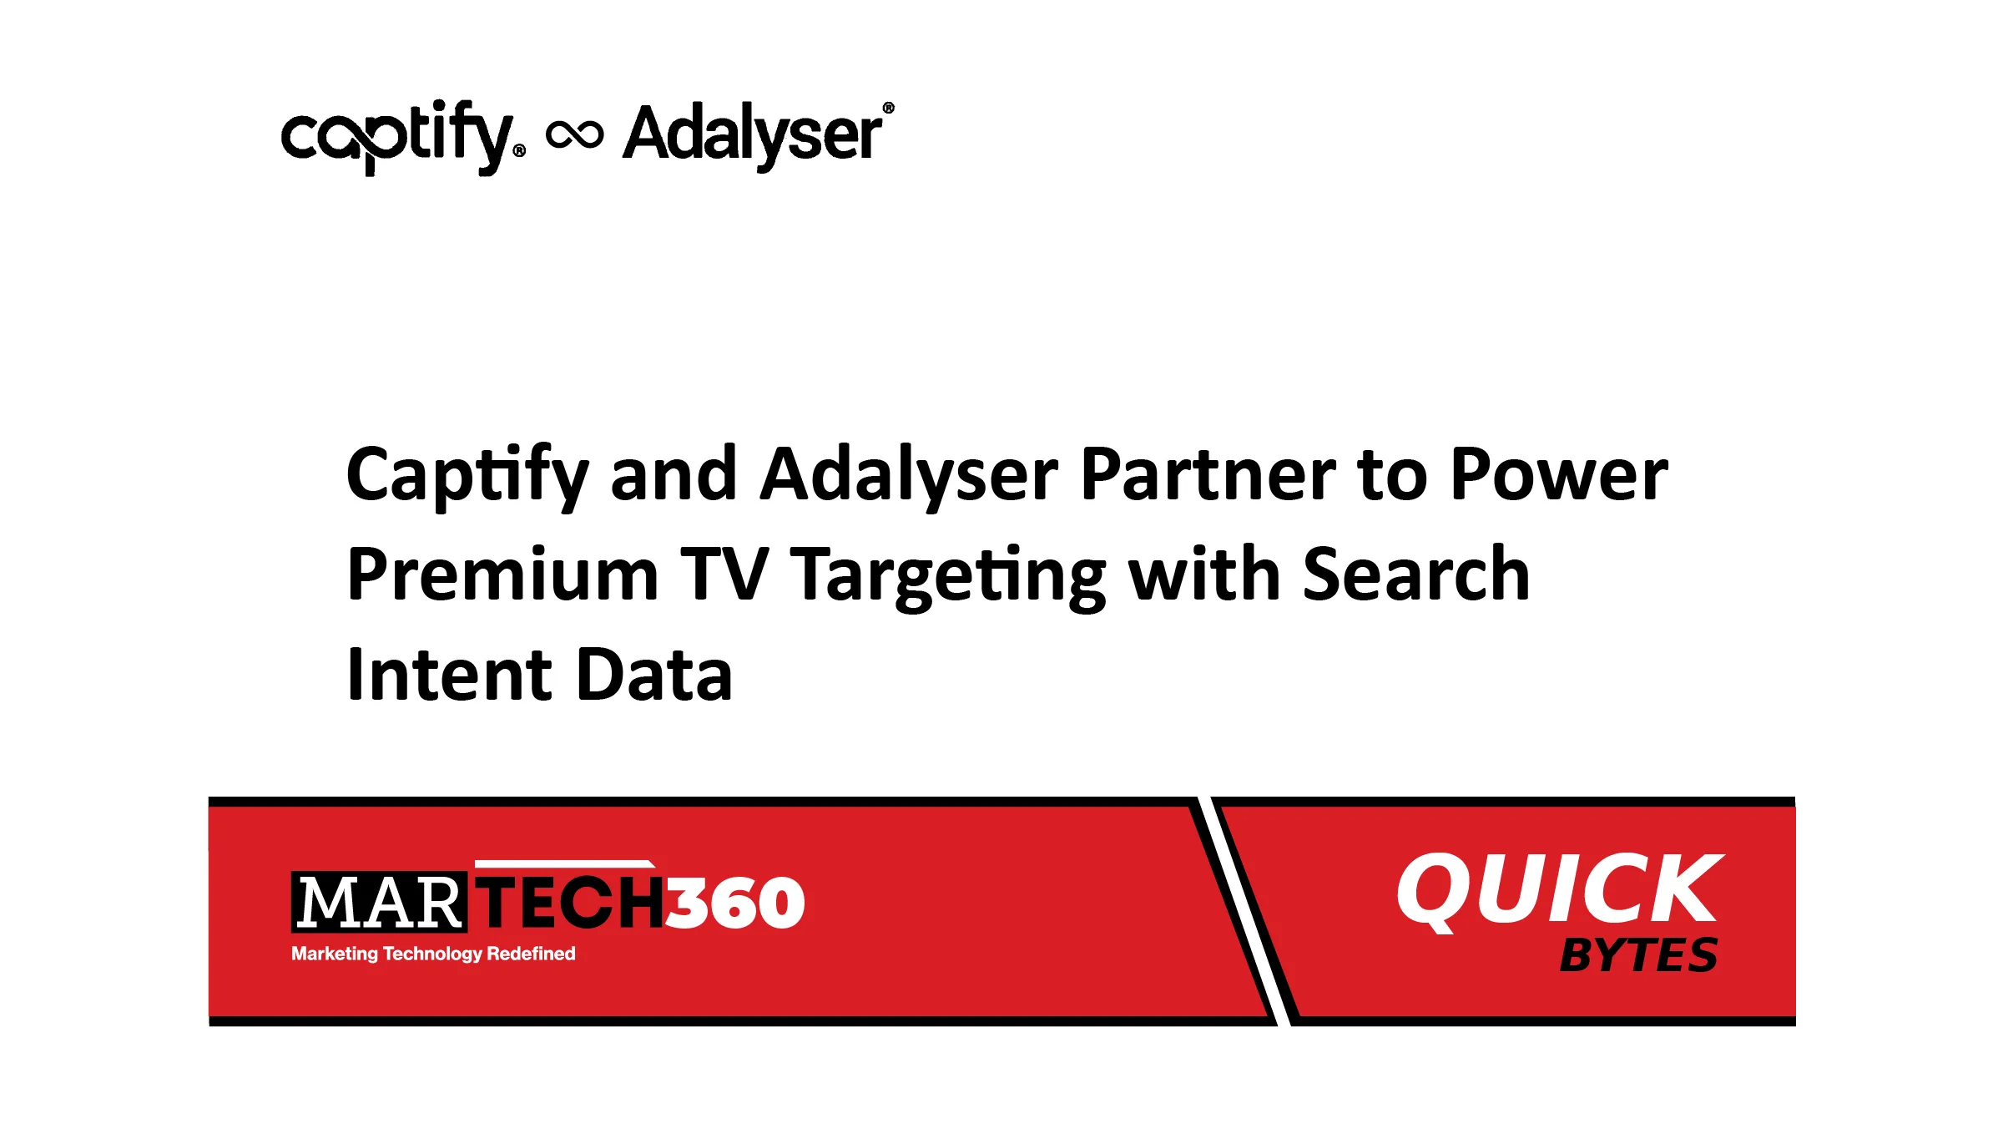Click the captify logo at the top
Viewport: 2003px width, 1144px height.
pyautogui.click(x=403, y=138)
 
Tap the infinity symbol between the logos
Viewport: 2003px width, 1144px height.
pyautogui.click(x=574, y=134)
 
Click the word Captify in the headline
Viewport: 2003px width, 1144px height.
pyautogui.click(x=468, y=477)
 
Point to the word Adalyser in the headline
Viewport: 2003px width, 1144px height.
pyautogui.click(x=910, y=477)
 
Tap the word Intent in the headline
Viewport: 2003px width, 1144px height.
pyautogui.click(x=449, y=674)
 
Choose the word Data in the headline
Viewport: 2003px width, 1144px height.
pyautogui.click(x=653, y=674)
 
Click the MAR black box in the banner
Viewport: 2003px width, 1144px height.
pyautogui.click(x=379, y=902)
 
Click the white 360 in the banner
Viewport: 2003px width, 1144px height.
pyautogui.click(x=734, y=903)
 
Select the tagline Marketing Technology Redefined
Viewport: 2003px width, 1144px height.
pyautogui.click(x=433, y=954)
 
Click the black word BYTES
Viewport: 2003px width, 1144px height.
pyautogui.click(x=1638, y=955)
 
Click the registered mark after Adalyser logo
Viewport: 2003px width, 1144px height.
pyautogui.click(x=888, y=108)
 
